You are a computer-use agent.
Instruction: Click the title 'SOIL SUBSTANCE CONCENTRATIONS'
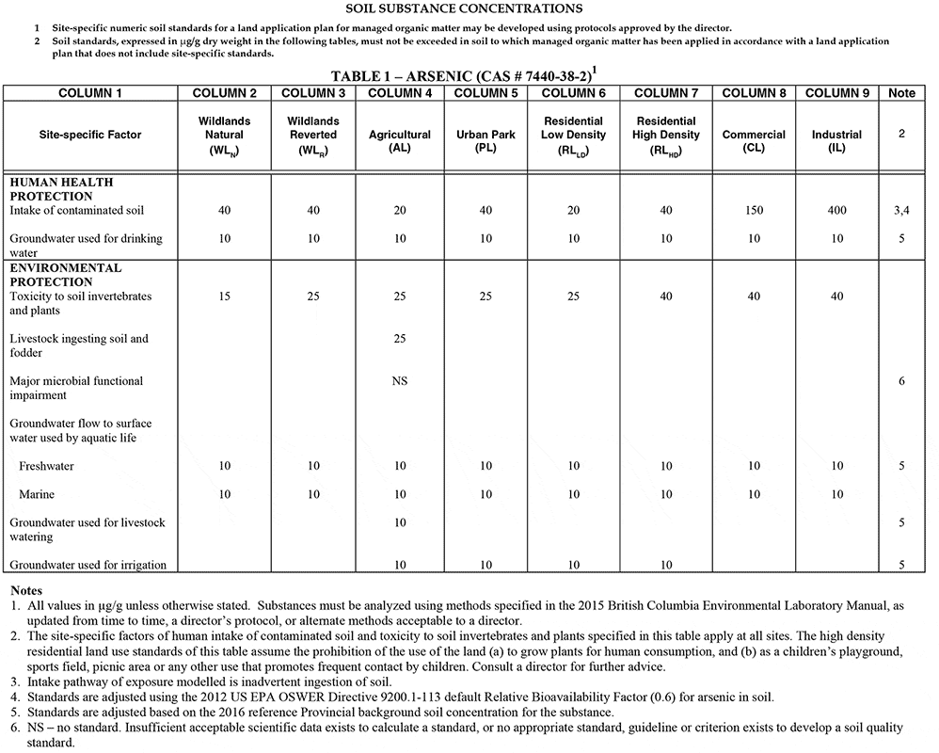(x=469, y=9)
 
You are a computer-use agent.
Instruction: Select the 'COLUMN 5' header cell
(x=485, y=92)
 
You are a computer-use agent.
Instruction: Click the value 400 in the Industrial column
(x=837, y=211)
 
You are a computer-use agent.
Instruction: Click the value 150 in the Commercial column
(x=754, y=211)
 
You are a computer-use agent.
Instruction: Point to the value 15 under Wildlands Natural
(x=225, y=296)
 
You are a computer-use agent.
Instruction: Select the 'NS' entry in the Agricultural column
(x=400, y=381)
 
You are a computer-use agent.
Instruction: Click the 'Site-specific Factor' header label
(x=90, y=135)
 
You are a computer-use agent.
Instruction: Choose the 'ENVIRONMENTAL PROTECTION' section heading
(x=65, y=275)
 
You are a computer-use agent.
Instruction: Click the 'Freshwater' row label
(x=46, y=466)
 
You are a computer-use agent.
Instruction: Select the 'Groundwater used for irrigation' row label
(x=88, y=565)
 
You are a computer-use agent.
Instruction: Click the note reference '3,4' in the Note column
(x=901, y=211)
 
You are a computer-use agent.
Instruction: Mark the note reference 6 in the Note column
(x=901, y=381)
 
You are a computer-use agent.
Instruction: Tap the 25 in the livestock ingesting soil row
(x=400, y=338)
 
